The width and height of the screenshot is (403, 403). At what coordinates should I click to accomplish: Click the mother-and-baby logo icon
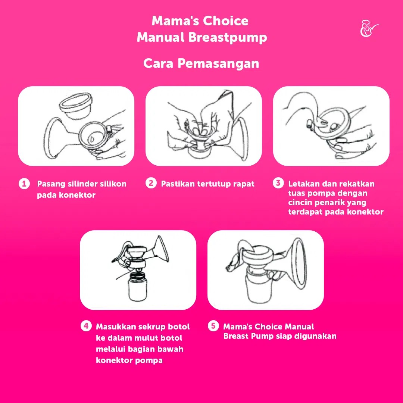[369, 28]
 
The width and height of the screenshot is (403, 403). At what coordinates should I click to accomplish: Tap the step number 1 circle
[24, 184]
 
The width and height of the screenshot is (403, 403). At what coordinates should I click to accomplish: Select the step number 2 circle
[151, 183]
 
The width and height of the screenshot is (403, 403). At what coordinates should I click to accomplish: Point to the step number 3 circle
[278, 183]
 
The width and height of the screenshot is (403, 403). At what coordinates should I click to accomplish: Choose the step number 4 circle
[86, 326]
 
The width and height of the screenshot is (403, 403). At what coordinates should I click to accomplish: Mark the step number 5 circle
[213, 326]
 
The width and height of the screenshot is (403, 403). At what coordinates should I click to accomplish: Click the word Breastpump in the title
[228, 38]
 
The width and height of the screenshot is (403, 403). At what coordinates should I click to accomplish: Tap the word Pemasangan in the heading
[218, 63]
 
